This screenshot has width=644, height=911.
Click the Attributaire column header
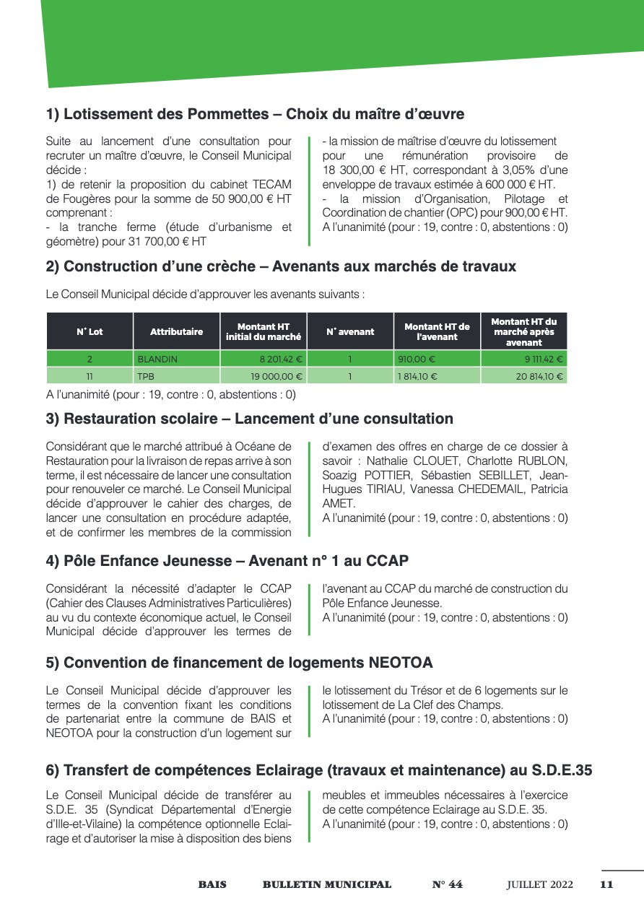pos(176,332)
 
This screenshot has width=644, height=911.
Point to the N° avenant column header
pos(350,332)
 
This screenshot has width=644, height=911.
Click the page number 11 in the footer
pos(606,884)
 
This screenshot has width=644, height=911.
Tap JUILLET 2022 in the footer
pos(539,884)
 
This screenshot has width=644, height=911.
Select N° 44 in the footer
pos(447,884)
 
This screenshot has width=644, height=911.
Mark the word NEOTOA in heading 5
pos(401,663)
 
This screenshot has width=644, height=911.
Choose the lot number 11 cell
pos(90,376)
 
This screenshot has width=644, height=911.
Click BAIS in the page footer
pos(212,884)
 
